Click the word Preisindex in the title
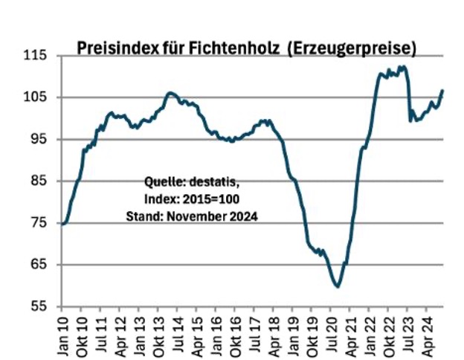(x=115, y=48)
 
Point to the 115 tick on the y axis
(x=35, y=56)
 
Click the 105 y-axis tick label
(x=35, y=97)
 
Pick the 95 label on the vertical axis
(x=38, y=139)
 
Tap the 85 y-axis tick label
(x=38, y=181)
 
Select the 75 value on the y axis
(x=38, y=223)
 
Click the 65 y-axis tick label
(x=38, y=265)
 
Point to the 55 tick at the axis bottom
(x=38, y=306)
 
